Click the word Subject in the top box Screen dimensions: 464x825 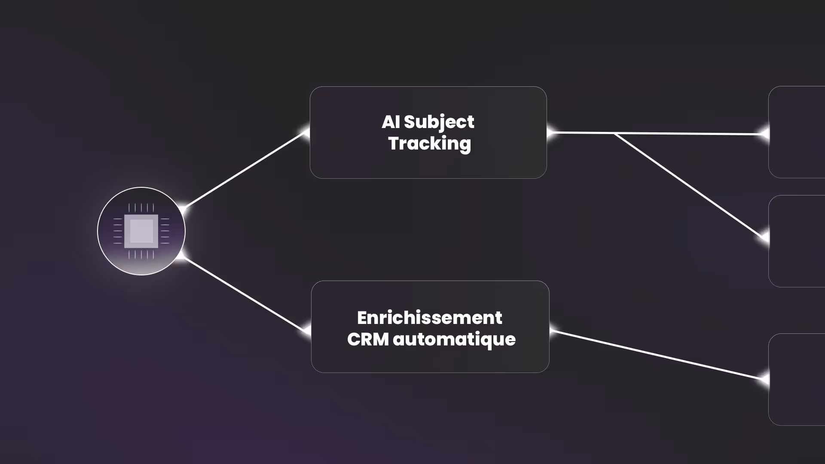(x=439, y=122)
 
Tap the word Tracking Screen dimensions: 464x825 (x=429, y=143)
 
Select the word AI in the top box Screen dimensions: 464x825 (x=391, y=122)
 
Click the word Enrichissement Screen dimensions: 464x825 (x=429, y=318)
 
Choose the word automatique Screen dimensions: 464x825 (x=454, y=339)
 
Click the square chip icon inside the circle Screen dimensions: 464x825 (x=141, y=231)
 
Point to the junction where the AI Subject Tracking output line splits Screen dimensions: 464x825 (x=614, y=134)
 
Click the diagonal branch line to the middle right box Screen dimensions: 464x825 (x=687, y=185)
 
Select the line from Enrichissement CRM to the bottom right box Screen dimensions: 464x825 (x=657, y=355)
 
